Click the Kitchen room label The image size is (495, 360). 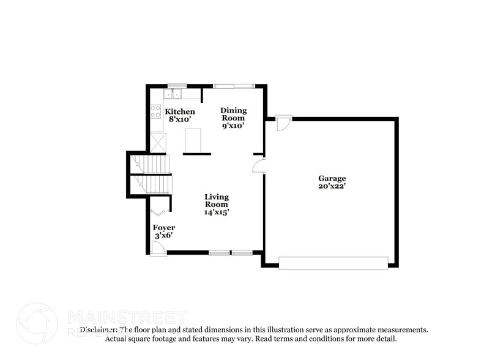181,111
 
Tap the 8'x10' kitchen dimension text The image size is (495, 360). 180,119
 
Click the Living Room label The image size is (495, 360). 217,200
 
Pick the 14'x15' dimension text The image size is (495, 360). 217,212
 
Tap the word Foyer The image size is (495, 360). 163,227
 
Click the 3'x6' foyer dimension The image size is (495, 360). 163,235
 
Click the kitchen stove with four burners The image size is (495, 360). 156,112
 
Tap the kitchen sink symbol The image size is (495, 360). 173,94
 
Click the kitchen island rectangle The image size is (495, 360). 194,140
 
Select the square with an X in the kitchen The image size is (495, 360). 158,143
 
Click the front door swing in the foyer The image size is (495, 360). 158,247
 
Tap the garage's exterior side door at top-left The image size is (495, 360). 281,123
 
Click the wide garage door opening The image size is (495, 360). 333,263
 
